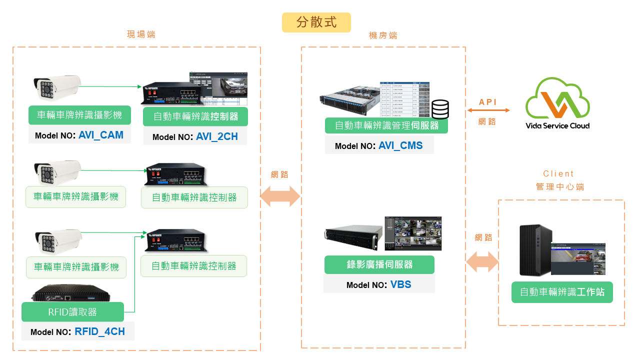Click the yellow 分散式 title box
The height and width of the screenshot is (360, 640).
(316, 22)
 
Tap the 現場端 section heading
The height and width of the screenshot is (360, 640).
(141, 34)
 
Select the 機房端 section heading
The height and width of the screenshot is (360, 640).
(383, 35)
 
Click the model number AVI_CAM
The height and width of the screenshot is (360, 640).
(100, 135)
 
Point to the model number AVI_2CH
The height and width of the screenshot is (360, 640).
(216, 137)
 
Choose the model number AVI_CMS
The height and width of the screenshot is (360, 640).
(400, 145)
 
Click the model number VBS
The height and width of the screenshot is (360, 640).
(400, 284)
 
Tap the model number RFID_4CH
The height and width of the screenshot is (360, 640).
(99, 331)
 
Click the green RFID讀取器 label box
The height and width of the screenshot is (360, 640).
(72, 312)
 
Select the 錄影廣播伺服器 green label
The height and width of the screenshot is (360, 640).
(379, 265)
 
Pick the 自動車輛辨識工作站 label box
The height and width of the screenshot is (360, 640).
(562, 292)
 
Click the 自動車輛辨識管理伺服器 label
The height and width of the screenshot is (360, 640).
(386, 125)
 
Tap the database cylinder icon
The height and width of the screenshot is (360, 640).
(440, 109)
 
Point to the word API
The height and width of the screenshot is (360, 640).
(488, 102)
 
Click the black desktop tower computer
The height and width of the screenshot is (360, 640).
(535, 250)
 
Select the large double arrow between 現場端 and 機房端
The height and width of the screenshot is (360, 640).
(280, 197)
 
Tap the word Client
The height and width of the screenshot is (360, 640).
(558, 174)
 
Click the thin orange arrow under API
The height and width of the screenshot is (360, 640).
(488, 110)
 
